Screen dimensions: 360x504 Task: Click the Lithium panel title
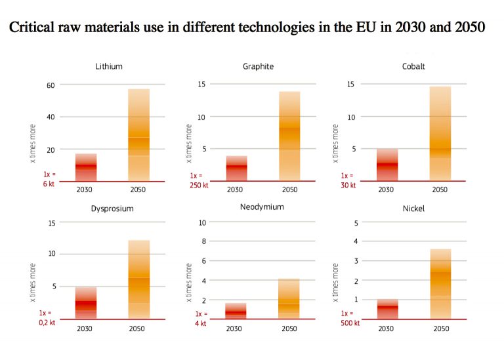(108, 67)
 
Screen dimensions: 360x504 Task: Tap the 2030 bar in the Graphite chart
(237, 169)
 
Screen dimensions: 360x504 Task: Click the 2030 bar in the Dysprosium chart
(86, 303)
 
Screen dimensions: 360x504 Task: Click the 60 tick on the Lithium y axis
(49, 85)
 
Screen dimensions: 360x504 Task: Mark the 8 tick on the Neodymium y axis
(203, 241)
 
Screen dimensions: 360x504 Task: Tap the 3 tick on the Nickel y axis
(356, 261)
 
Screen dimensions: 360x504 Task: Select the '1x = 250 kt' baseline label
(196, 180)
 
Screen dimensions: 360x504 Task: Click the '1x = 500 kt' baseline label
(346, 317)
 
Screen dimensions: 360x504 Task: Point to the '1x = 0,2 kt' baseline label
(46, 317)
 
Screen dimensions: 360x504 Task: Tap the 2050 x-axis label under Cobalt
(440, 190)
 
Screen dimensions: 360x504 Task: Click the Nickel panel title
(414, 209)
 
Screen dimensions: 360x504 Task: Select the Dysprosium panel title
(112, 209)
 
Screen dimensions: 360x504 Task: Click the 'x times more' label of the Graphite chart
(188, 144)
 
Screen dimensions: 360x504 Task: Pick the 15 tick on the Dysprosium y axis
(51, 223)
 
